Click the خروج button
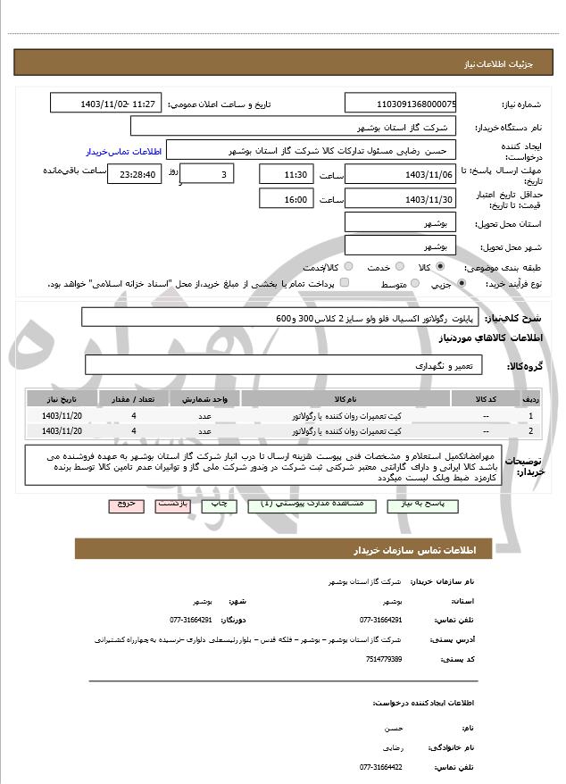126,505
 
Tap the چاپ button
217,505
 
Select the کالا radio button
439,266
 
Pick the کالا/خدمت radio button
348,266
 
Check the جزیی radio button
461,284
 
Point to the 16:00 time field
285,199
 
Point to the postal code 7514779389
384,659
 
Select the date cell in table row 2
62,431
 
